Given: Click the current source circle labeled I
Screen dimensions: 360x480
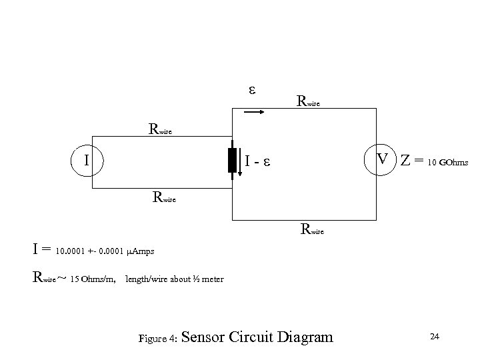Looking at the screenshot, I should coord(86,161).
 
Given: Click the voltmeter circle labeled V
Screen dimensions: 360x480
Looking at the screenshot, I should coord(382,161).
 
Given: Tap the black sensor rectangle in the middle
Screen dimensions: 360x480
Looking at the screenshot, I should coord(232,161).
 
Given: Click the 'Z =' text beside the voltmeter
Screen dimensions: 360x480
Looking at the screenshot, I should coord(413,161).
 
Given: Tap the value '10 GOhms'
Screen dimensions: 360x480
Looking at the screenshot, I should coord(449,163).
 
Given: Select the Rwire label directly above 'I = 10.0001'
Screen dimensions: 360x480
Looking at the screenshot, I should coord(313,231).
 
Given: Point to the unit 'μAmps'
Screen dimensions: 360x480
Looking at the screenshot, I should coord(139,251).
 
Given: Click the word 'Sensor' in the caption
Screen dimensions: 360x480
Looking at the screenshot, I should coord(203,337).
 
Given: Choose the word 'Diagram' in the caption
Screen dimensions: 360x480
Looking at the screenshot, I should coord(305,337).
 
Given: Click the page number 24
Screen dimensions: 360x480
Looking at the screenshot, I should coord(434,337).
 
